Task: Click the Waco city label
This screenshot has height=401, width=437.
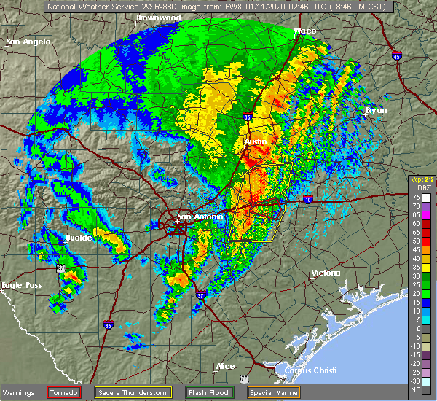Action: click(304, 31)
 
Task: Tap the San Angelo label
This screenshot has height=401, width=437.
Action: click(28, 42)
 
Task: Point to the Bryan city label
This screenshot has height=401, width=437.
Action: click(377, 110)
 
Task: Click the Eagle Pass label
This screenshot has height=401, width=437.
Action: click(21, 285)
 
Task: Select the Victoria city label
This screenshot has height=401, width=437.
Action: click(325, 273)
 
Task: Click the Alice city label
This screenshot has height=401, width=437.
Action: click(226, 366)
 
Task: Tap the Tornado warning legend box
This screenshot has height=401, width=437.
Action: click(63, 392)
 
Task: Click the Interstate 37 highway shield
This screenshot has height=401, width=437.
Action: click(200, 295)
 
